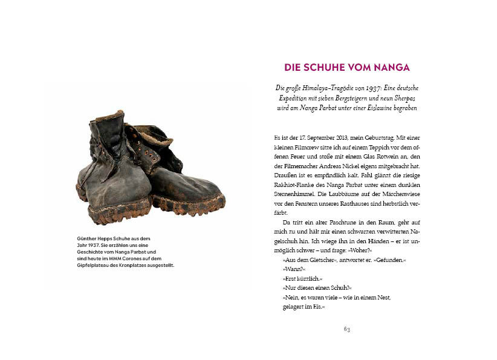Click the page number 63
[x=346, y=329]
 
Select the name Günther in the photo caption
[x=87, y=238]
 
